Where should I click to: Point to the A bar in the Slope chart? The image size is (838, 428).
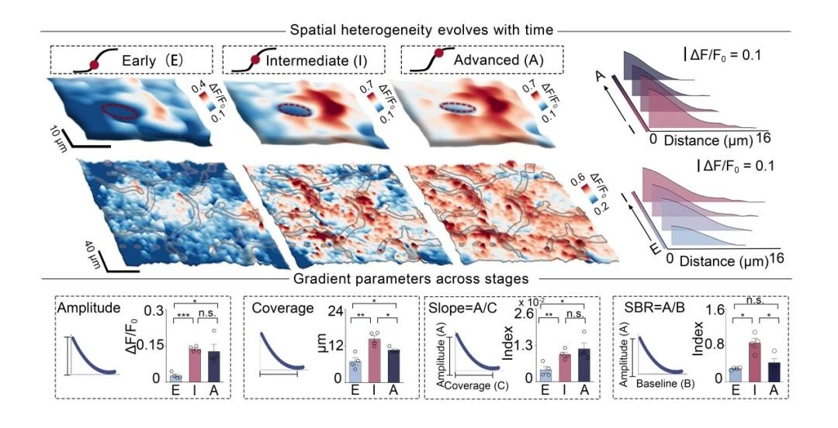pos(583,364)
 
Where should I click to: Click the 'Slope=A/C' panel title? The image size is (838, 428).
pos(461,308)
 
